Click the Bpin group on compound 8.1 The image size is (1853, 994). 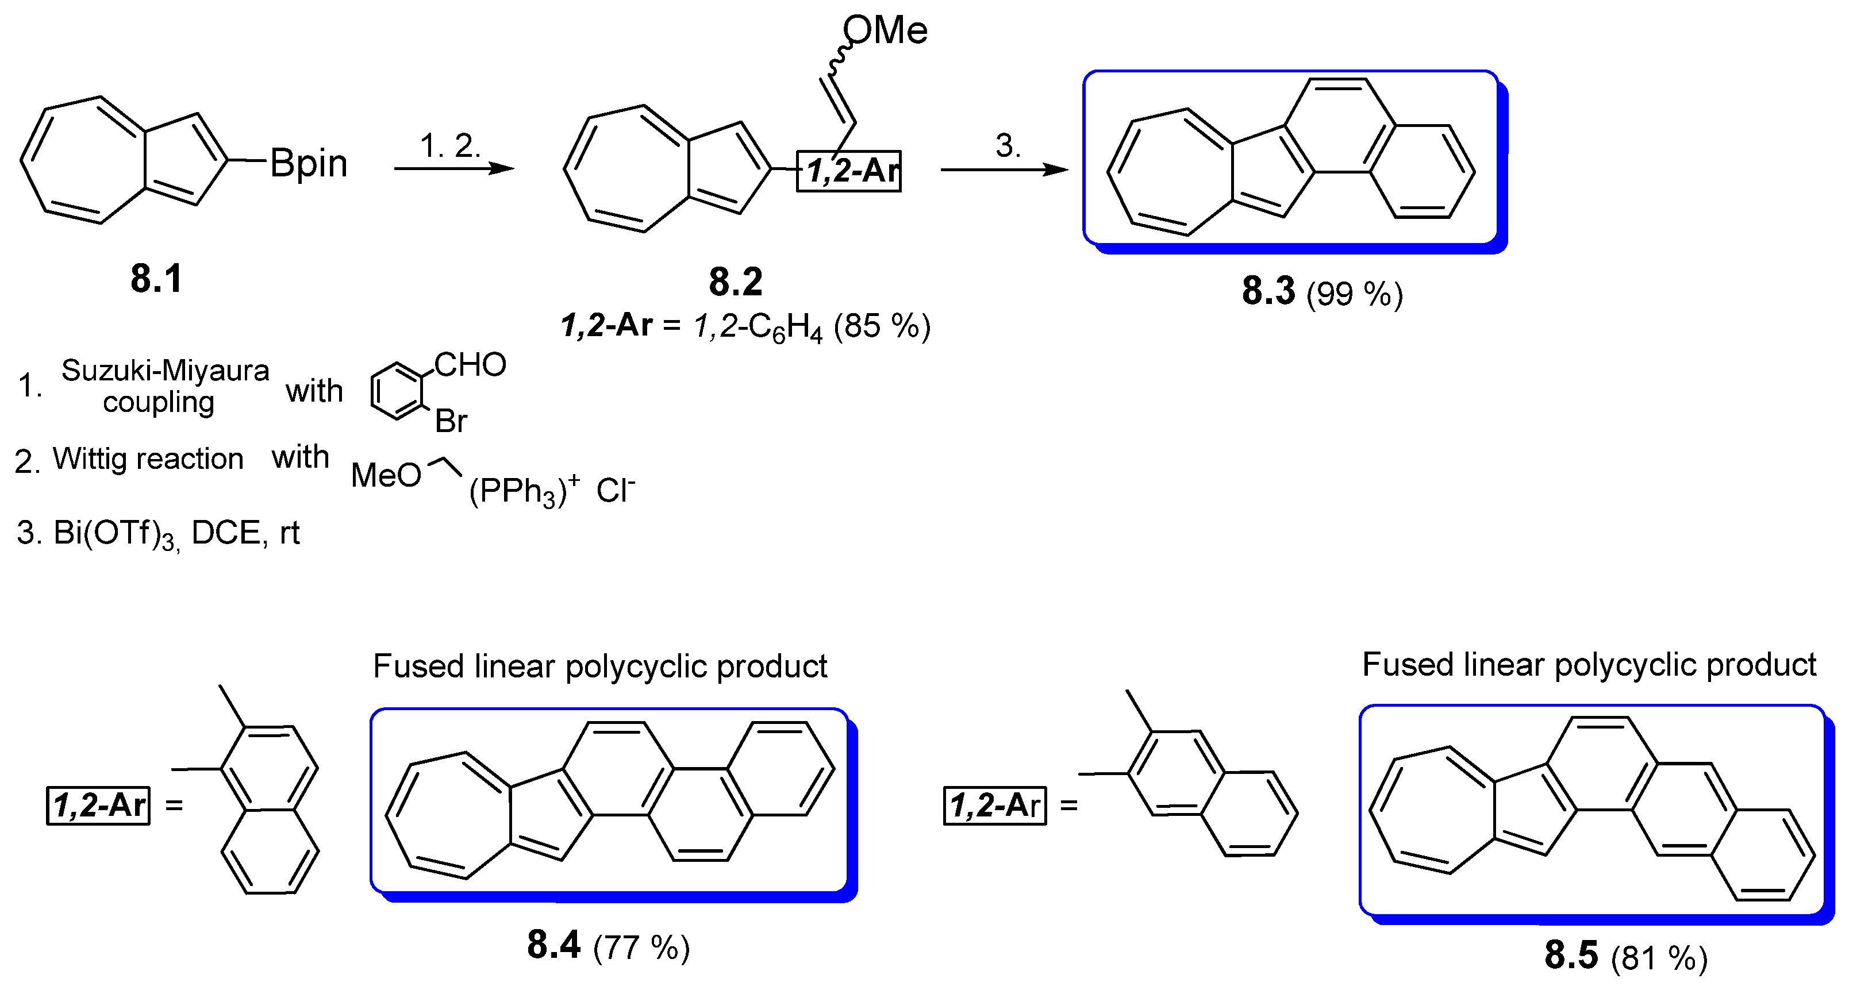click(x=309, y=164)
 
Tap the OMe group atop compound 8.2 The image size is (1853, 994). click(x=886, y=30)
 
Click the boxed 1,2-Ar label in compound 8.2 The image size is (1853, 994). click(x=849, y=171)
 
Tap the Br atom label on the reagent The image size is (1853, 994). click(x=451, y=421)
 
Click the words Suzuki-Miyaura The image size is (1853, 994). click(x=165, y=371)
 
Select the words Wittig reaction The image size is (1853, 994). click(x=148, y=459)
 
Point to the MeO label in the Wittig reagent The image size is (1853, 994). click(x=386, y=475)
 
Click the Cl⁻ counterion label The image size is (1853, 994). click(x=616, y=491)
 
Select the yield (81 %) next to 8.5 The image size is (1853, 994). click(x=1659, y=958)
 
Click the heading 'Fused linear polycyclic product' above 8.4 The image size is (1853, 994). click(x=600, y=666)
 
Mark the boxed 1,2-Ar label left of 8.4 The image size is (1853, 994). click(x=98, y=806)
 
